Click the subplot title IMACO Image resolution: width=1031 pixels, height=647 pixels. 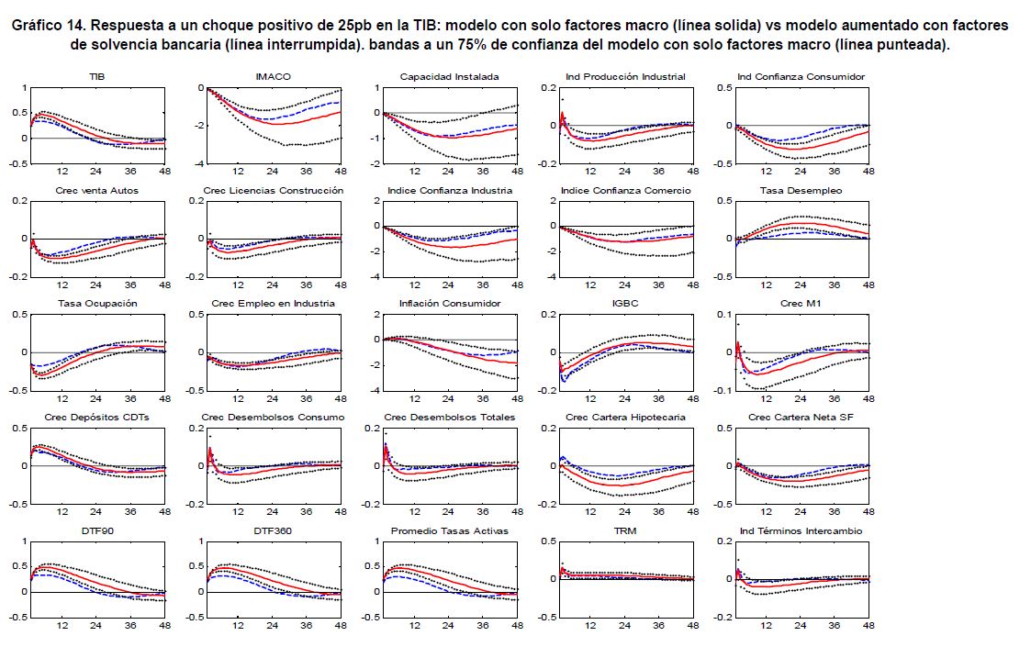point(272,76)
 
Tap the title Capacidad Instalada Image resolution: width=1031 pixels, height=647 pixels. point(450,76)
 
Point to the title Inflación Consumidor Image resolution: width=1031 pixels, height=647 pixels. point(450,304)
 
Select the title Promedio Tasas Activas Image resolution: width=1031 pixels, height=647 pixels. point(450,531)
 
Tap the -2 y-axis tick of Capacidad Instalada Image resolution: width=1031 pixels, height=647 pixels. point(375,164)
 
